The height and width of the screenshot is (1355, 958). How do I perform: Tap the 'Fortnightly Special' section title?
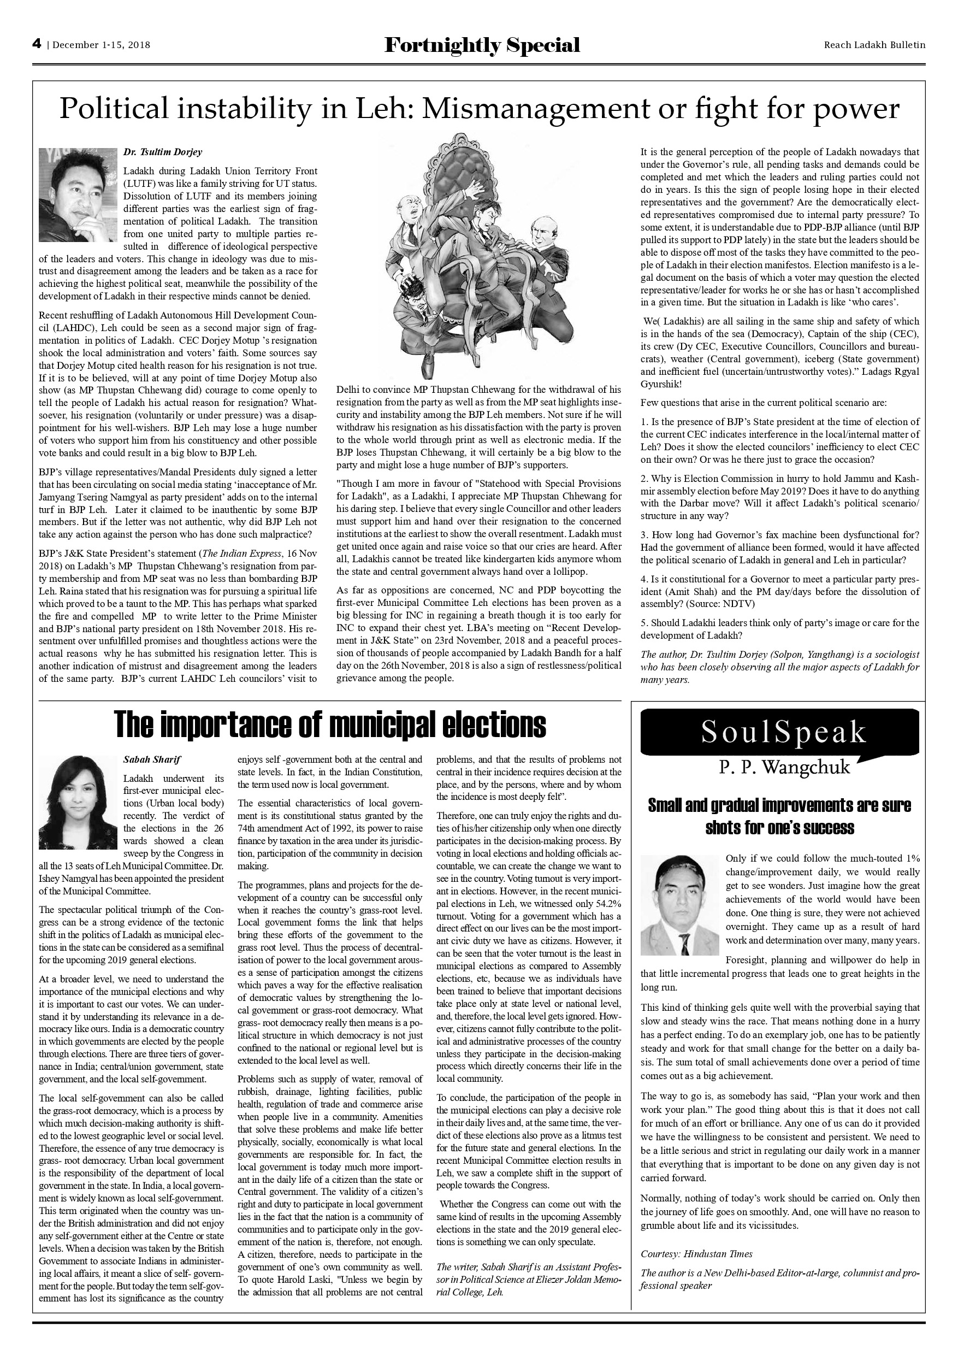482,45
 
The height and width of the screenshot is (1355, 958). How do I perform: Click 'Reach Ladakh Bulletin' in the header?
874,45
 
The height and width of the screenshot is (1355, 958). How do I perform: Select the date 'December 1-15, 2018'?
102,45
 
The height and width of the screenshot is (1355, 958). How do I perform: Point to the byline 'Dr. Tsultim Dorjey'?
163,152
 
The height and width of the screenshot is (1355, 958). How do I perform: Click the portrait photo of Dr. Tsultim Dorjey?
78,195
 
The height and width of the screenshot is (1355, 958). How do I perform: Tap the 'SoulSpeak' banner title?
783,732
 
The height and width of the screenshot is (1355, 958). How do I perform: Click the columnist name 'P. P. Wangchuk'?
784,767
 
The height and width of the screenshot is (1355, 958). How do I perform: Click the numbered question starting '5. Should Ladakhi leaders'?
779,629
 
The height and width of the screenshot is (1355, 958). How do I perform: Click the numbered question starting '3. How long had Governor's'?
779,547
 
